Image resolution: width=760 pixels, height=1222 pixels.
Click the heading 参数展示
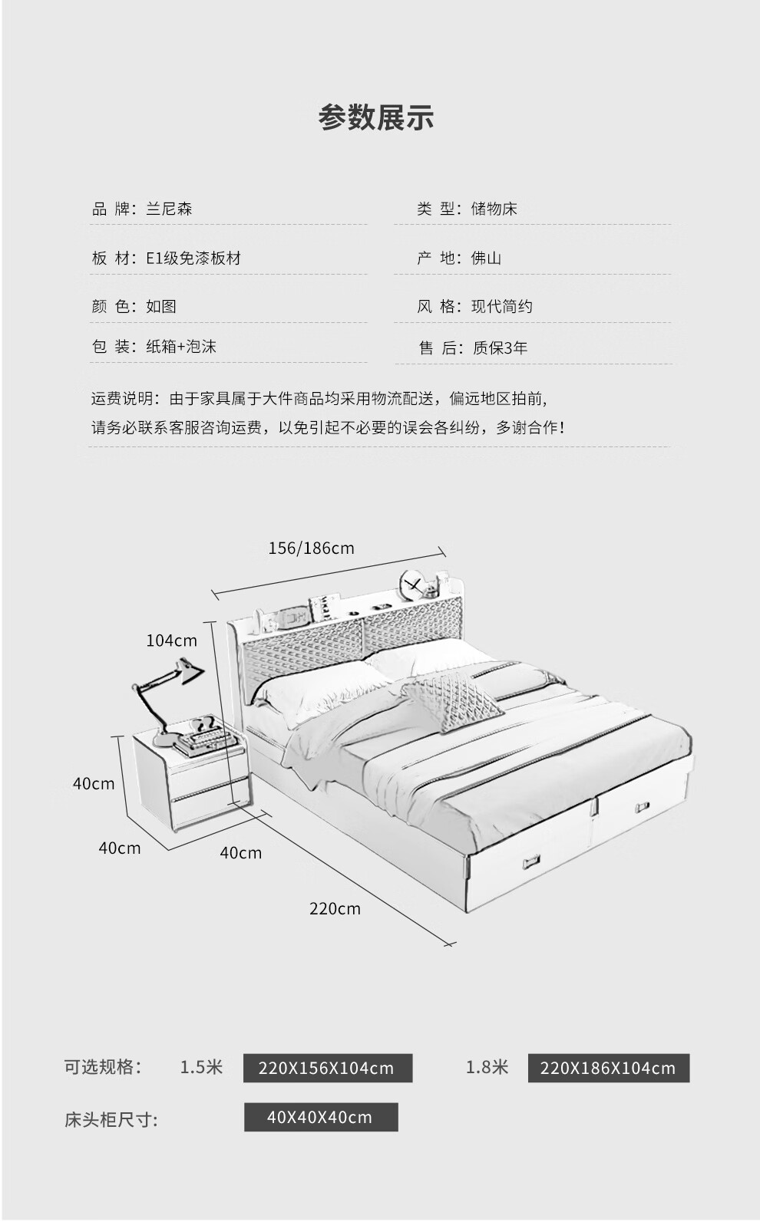[376, 117]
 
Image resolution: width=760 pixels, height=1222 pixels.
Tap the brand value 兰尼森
[169, 209]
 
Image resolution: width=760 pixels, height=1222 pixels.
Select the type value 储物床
[494, 209]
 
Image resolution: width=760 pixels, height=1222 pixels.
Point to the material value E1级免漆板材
[193, 258]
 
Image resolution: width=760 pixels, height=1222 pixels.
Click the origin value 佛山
[486, 258]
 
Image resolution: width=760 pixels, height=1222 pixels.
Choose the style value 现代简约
[501, 307]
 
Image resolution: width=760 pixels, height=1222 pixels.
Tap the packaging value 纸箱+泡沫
[181, 347]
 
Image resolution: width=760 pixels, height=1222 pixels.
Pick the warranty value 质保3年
[500, 348]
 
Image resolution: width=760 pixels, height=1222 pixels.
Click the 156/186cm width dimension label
[311, 548]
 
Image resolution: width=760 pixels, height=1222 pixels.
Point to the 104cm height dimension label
[172, 641]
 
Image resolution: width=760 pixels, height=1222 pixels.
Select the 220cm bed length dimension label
[335, 909]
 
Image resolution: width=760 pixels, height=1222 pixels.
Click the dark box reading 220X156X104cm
[327, 1069]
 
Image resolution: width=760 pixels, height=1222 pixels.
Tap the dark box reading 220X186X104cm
[608, 1069]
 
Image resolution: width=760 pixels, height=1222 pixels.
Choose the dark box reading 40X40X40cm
[320, 1118]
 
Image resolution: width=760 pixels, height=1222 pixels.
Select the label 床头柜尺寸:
[111, 1119]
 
